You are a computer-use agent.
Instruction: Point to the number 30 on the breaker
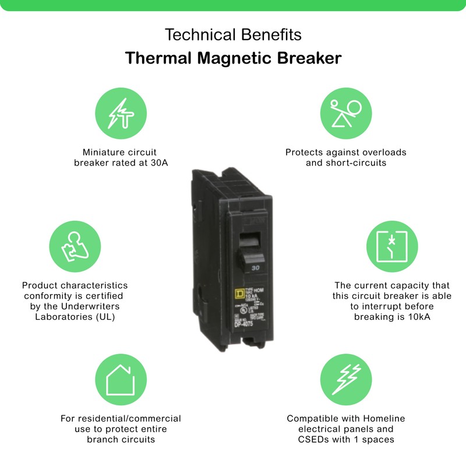pos(255,269)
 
